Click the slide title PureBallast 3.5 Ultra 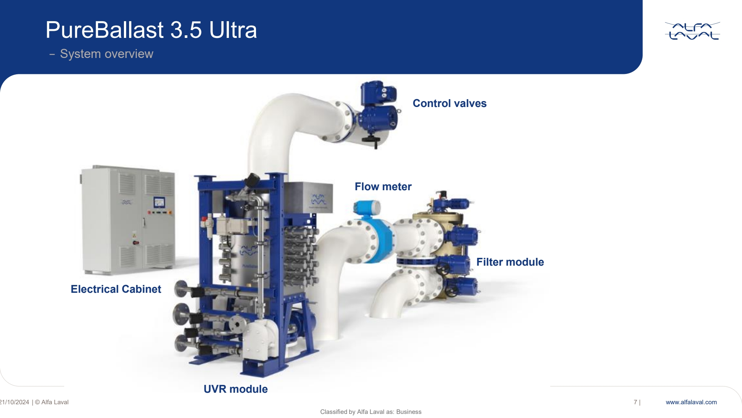(151, 30)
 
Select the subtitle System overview (106, 54)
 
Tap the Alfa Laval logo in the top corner (692, 31)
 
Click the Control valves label (450, 103)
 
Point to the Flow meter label (383, 187)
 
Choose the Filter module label (510, 262)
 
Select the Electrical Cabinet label (116, 289)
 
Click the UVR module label (236, 389)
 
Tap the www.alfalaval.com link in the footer (691, 402)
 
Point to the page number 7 (636, 402)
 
